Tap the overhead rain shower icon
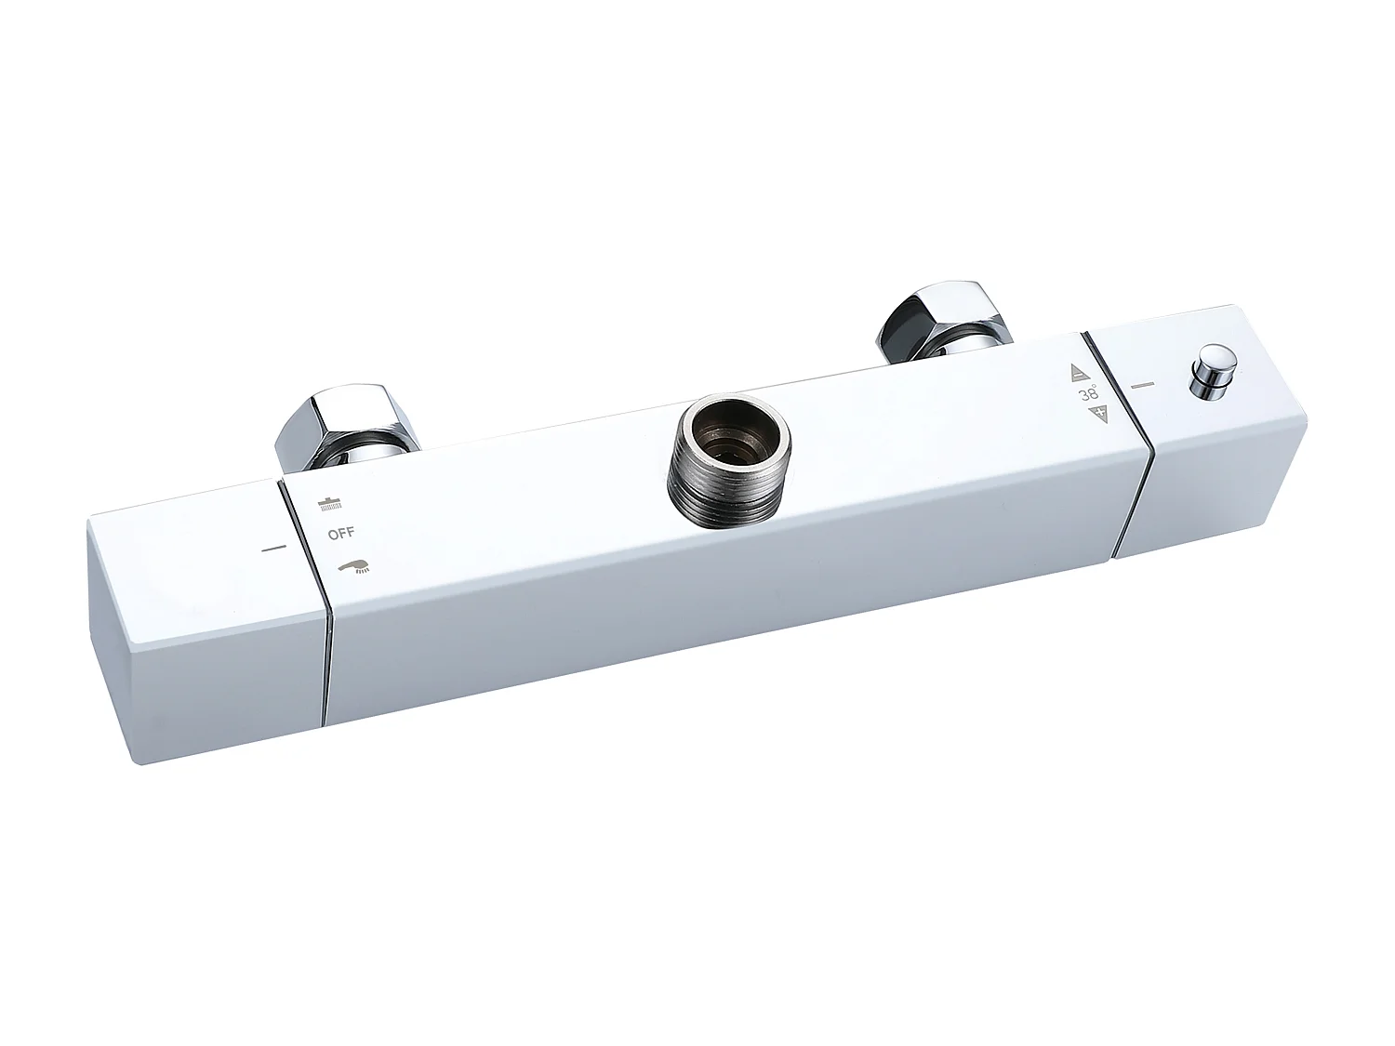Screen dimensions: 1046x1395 [x=326, y=505]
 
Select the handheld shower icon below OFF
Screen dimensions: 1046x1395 [x=353, y=564]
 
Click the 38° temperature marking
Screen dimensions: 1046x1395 [x=1087, y=394]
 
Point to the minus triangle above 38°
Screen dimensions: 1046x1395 [x=1080, y=373]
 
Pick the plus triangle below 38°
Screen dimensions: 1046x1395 [x=1103, y=414]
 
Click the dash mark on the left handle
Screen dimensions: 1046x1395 [x=273, y=549]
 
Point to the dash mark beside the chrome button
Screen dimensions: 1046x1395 [x=1142, y=383]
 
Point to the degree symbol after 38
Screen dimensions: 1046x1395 [x=1095, y=385]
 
